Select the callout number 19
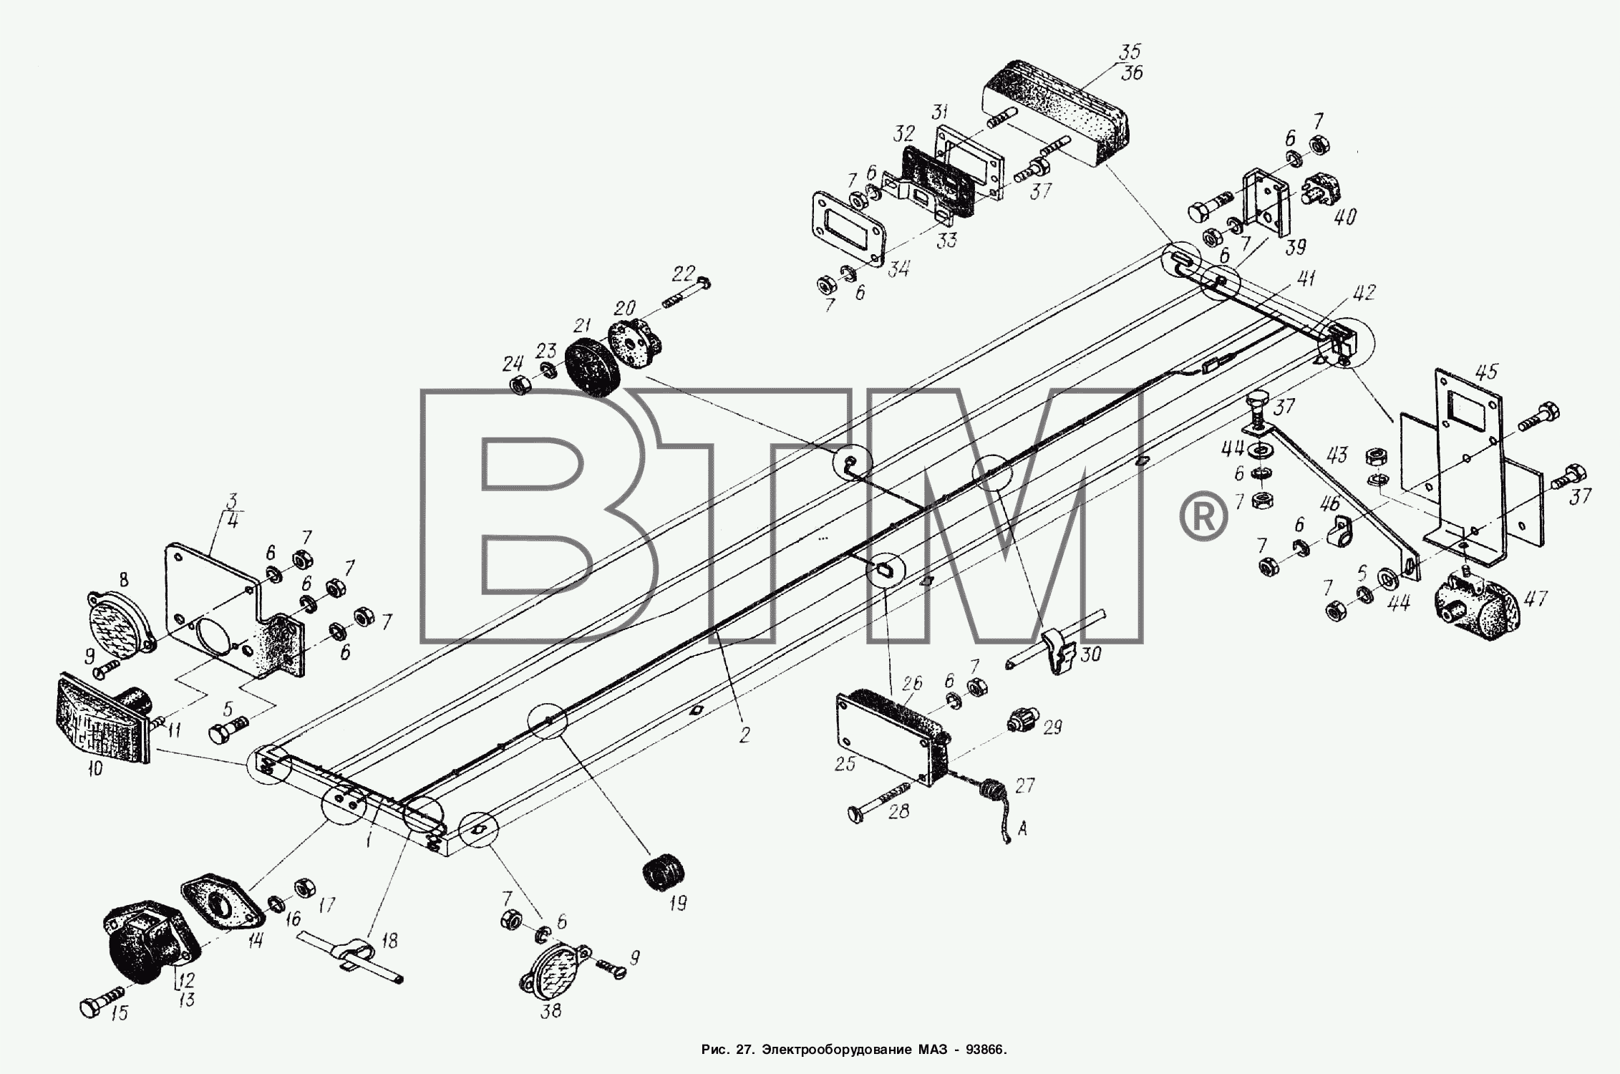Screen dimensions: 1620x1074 point(677,903)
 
